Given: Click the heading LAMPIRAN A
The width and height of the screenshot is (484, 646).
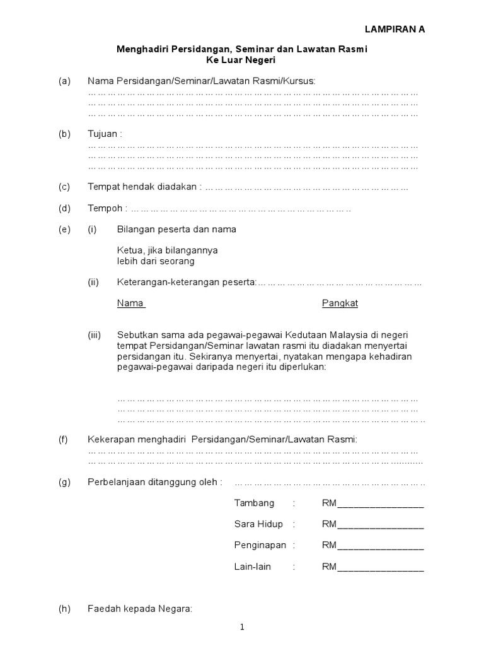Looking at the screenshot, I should point(396,30).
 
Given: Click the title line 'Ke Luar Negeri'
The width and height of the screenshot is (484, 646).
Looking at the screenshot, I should point(241,60).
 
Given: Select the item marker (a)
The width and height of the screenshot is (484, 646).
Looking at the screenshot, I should point(64,81).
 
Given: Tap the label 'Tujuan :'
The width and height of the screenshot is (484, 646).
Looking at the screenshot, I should point(105,134).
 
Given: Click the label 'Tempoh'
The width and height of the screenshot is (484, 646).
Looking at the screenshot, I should point(104,208).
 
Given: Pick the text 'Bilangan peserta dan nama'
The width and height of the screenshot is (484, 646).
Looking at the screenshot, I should point(176,229).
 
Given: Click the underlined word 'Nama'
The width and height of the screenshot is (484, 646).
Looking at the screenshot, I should point(130,303).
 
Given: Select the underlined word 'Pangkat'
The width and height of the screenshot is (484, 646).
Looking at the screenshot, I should point(340,303).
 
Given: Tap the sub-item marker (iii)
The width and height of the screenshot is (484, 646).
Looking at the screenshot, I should point(95,334).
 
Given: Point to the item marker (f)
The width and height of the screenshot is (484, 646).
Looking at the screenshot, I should point(64,439).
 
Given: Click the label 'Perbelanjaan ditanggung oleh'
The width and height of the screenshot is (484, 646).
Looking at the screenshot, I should point(154,483).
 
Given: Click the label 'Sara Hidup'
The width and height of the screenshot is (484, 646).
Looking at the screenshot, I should point(258,524).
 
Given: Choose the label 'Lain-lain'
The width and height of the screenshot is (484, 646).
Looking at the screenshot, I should point(252,567).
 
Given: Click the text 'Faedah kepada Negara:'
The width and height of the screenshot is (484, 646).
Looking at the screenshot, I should point(139,609).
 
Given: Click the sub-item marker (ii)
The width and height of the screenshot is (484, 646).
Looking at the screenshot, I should point(93,282).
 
